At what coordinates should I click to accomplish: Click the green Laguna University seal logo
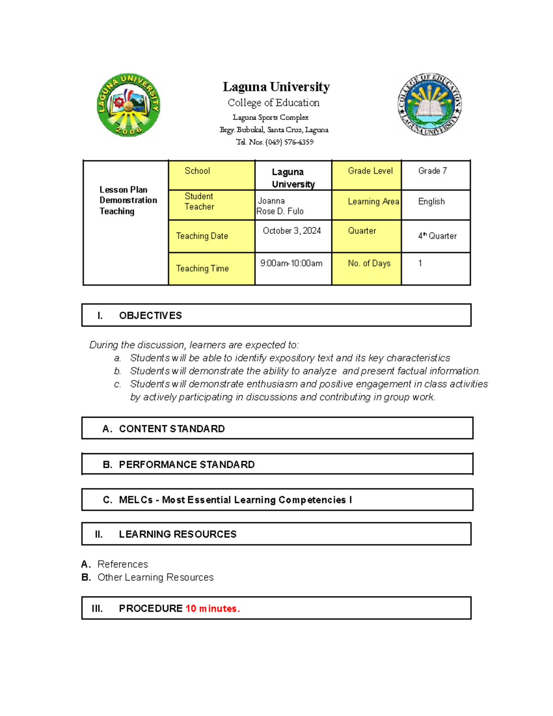click(128, 105)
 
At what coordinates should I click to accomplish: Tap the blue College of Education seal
click(429, 104)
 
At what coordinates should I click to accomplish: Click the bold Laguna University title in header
click(276, 87)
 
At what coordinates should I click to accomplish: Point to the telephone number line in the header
click(275, 142)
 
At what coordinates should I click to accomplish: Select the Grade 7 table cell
click(435, 175)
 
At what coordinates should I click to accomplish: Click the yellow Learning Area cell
click(366, 205)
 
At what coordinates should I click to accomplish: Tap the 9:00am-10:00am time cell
click(293, 268)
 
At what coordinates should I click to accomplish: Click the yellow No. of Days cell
click(366, 268)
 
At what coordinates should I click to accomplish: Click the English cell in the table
click(435, 205)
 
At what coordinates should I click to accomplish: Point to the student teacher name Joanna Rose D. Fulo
click(280, 206)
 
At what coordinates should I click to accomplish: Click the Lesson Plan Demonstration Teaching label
click(128, 201)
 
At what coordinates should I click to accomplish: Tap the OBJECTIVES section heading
click(150, 315)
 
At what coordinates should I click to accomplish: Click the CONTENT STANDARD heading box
click(171, 429)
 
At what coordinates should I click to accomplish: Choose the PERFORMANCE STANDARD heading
click(186, 464)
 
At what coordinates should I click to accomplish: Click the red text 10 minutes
click(212, 609)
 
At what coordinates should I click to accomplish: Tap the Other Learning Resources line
click(155, 577)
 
